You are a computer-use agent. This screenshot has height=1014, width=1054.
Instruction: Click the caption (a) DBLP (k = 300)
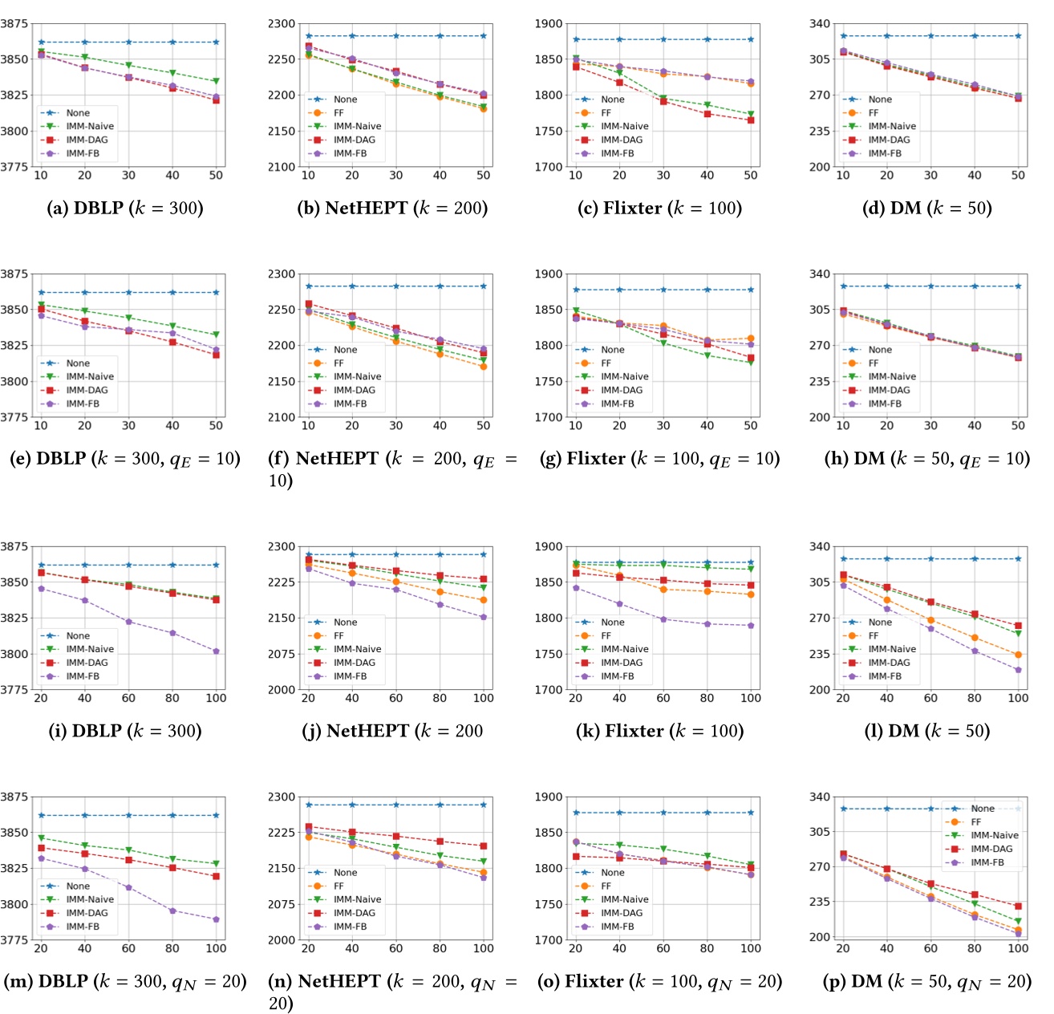(125, 209)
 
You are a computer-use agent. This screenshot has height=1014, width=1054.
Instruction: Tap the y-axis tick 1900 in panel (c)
(549, 24)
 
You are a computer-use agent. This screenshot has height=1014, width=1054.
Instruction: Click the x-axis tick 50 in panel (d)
(1018, 175)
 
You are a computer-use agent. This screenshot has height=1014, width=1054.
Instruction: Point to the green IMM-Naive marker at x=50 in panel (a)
(216, 81)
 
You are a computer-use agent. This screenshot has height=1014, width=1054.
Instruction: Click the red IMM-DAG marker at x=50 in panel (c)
(751, 120)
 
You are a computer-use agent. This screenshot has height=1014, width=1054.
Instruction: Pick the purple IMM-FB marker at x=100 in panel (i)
(216, 651)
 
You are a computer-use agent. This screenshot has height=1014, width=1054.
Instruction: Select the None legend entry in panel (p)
(982, 809)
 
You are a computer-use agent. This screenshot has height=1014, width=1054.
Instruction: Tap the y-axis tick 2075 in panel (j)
(282, 654)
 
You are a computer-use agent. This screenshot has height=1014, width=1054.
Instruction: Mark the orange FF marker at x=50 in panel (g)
(751, 339)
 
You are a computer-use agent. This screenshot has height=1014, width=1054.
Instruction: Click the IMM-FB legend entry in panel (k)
(617, 676)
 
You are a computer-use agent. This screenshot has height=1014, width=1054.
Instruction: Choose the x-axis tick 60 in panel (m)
(128, 948)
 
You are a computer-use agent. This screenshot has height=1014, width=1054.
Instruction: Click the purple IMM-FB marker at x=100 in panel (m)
(216, 919)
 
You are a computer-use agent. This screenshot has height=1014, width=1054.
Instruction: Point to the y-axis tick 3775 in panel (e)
(14, 417)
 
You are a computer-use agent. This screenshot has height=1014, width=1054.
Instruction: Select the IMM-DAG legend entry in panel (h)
(889, 390)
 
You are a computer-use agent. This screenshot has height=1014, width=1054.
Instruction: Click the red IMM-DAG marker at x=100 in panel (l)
(1018, 626)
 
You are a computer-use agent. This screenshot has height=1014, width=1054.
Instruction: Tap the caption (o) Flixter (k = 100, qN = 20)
(659, 982)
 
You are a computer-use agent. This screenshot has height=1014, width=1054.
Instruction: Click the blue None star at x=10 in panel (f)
(308, 286)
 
